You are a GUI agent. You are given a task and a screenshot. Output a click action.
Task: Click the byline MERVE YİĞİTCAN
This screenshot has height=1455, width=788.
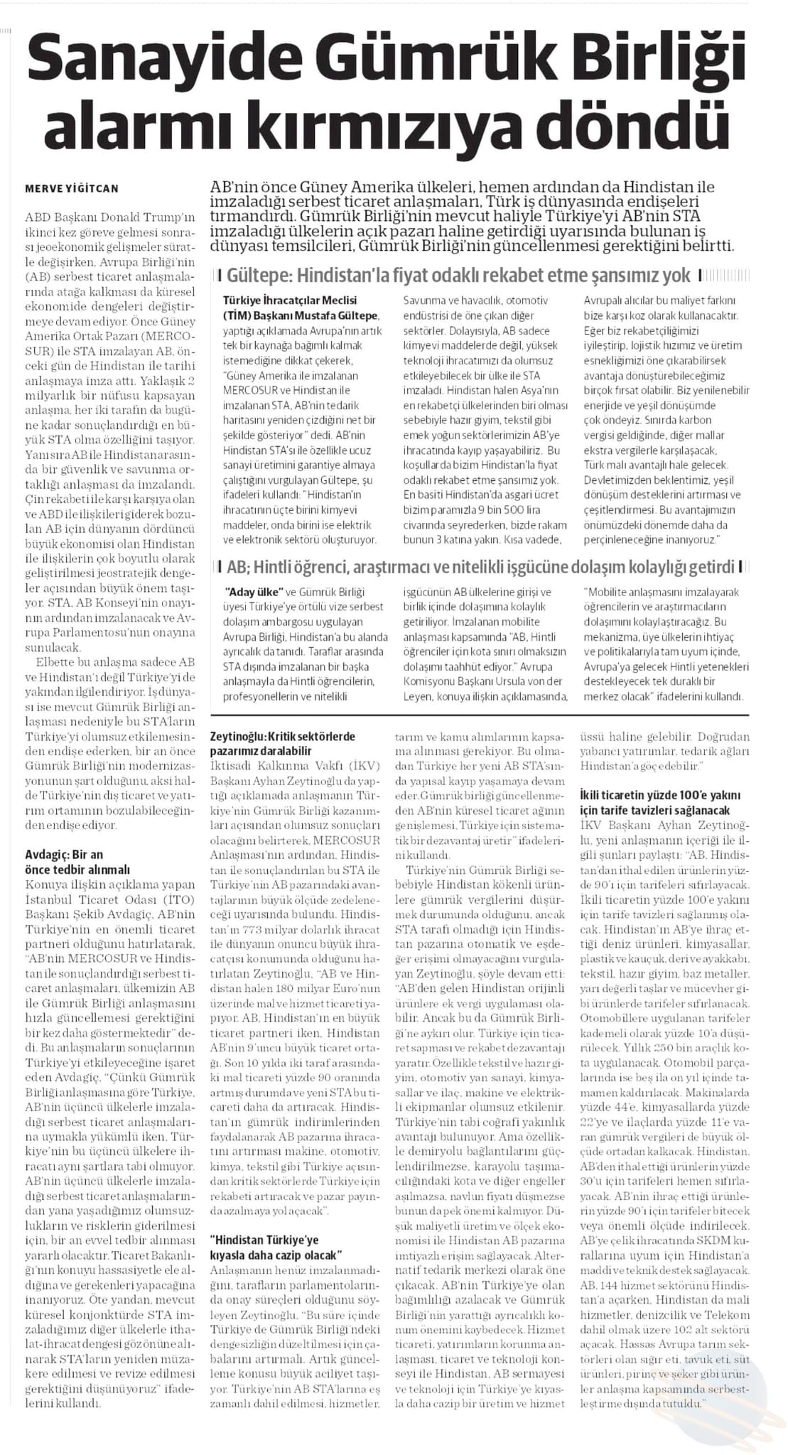(x=72, y=188)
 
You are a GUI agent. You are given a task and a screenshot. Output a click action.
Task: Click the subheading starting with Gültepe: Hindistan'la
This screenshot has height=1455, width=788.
(x=458, y=275)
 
